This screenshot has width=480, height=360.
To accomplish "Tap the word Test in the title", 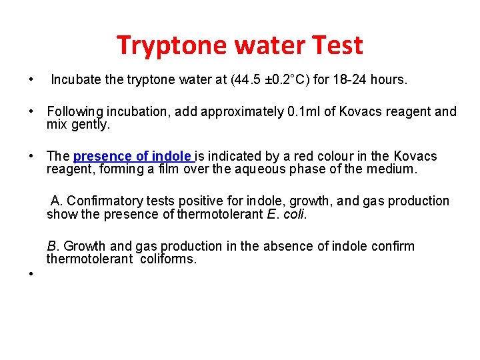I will (335, 45).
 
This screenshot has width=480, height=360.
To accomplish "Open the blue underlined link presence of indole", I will (133, 157).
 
